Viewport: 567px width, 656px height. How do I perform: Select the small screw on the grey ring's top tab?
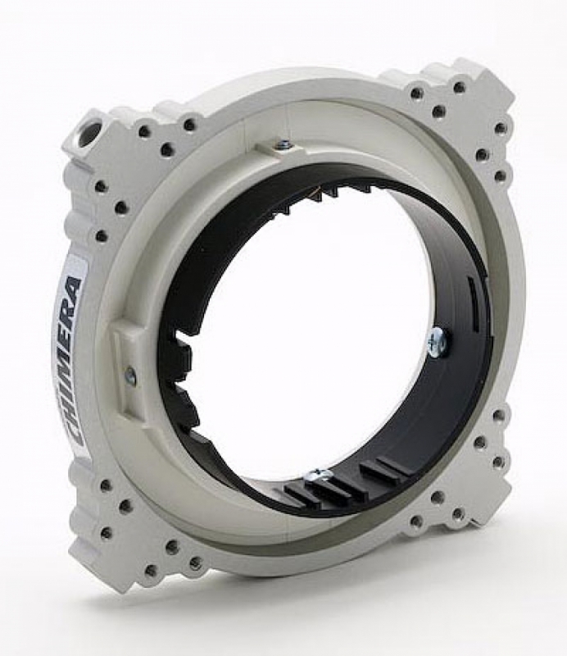click(283, 146)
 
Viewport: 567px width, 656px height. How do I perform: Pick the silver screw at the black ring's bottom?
click(319, 476)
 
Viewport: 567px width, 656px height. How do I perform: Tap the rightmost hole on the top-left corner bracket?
click(190, 125)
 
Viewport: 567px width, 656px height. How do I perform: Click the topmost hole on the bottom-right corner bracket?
click(497, 417)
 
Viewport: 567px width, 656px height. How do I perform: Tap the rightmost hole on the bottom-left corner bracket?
click(196, 563)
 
